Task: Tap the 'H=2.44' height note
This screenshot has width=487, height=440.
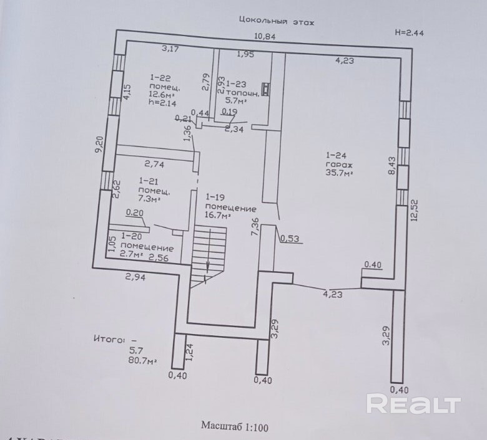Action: tap(410, 33)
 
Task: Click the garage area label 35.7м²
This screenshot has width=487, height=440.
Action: tap(339, 174)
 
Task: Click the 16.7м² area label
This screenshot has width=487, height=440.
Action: tap(217, 216)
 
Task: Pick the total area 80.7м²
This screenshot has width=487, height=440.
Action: tap(142, 360)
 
